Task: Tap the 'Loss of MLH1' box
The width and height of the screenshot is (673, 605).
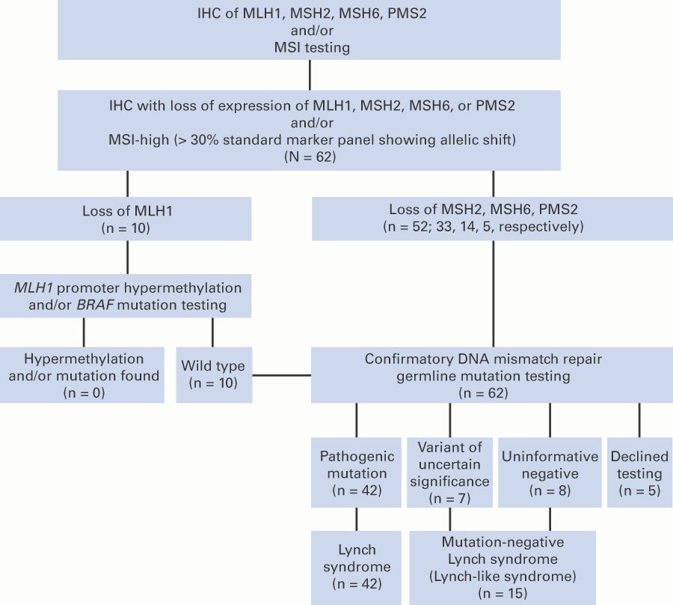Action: [126, 218]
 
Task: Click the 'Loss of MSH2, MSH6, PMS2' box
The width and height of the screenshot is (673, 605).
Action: [491, 218]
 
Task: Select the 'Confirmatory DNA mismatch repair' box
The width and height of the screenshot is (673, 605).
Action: [491, 374]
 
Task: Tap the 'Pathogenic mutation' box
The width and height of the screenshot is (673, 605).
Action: [354, 473]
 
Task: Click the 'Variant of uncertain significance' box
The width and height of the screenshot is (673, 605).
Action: [449, 473]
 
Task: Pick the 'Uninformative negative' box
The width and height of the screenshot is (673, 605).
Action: [550, 473]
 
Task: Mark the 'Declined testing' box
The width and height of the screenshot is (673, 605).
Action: [636, 473]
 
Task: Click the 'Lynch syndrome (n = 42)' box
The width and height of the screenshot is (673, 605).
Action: [354, 567]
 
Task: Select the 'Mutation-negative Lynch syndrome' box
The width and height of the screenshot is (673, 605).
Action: [503, 567]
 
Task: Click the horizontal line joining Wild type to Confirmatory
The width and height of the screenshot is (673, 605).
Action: [279, 374]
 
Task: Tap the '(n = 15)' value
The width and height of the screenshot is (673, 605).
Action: [503, 593]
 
